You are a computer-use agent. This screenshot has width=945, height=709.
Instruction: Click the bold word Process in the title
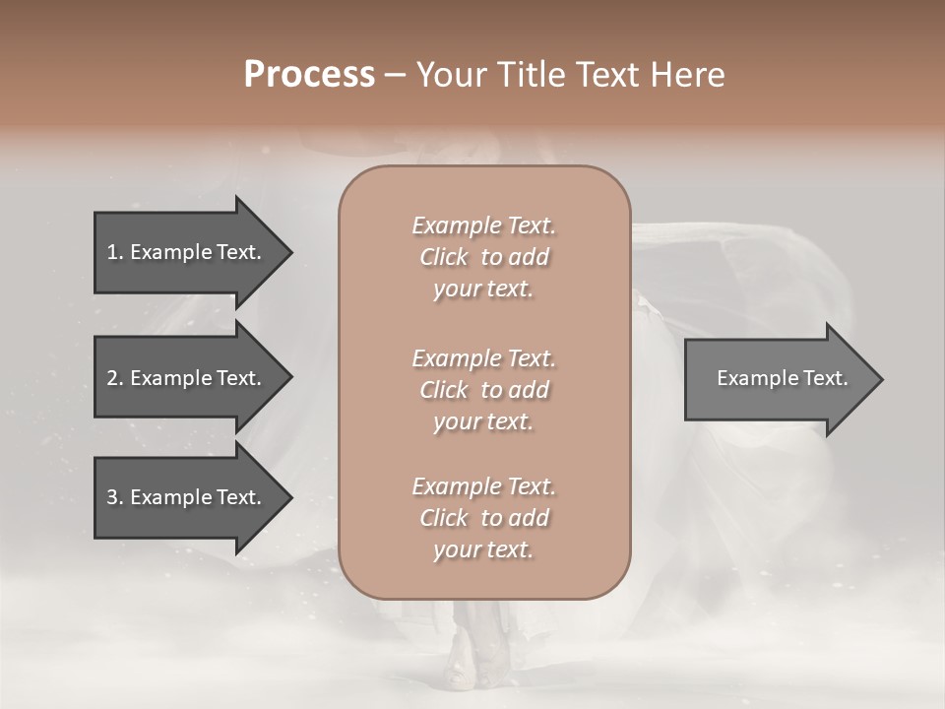309,75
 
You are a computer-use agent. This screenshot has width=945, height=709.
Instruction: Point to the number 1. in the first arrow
115,252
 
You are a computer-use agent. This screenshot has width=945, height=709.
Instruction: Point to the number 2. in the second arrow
115,378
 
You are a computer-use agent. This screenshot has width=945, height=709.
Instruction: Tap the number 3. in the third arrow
115,497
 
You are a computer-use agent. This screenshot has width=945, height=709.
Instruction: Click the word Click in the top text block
443,257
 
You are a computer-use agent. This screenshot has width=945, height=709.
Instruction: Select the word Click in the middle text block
443,390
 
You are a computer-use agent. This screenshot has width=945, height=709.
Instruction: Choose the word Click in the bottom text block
443,518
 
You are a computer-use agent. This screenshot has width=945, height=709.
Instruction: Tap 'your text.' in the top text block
483,290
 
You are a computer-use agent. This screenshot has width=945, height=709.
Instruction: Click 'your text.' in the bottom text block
483,550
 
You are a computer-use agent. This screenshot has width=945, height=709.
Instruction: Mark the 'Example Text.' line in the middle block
483,357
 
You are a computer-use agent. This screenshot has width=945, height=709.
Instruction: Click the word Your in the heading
446,75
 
